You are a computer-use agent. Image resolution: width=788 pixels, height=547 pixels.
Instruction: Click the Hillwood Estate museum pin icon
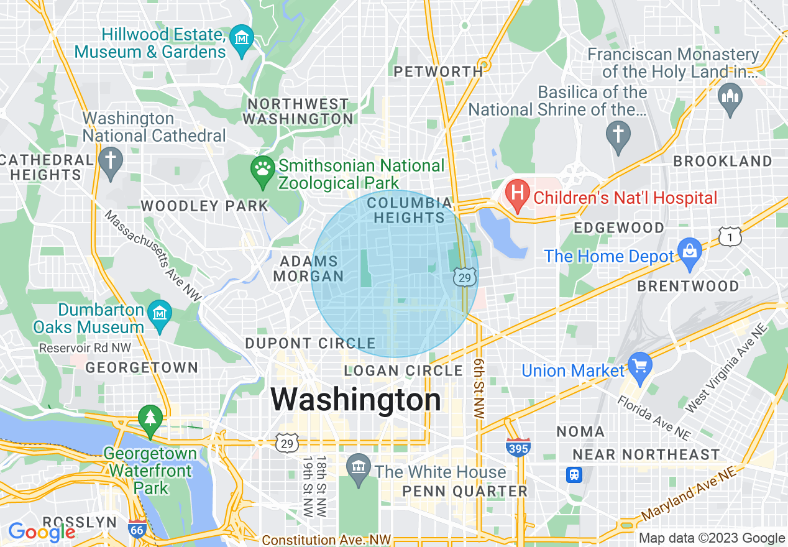[x=241, y=38]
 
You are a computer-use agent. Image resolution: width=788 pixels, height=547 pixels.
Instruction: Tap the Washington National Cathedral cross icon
[x=111, y=160]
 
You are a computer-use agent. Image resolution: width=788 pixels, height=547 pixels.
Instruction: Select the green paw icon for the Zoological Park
[x=262, y=167]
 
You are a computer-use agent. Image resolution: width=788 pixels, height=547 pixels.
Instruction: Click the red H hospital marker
[x=516, y=190]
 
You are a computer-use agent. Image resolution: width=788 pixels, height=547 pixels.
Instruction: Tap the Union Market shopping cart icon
[x=639, y=364]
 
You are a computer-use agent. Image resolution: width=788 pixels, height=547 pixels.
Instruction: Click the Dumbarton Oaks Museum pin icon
[x=160, y=311]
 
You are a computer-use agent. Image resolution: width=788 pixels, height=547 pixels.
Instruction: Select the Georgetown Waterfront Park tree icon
[x=150, y=417]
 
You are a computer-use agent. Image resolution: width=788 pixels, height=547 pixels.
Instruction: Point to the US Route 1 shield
[x=730, y=236]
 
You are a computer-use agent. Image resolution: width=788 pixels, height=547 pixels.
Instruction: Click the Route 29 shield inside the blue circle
[x=465, y=277]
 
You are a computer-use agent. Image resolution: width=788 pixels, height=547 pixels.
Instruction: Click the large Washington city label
[x=355, y=399]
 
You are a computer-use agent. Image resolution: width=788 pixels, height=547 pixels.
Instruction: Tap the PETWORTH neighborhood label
[x=439, y=72]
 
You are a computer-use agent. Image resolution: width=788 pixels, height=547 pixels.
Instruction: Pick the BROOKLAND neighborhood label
[x=723, y=161]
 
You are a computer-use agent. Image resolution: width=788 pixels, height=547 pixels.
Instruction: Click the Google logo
[x=41, y=532]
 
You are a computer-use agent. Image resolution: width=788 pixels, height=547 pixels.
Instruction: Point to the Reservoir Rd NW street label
[x=85, y=348]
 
